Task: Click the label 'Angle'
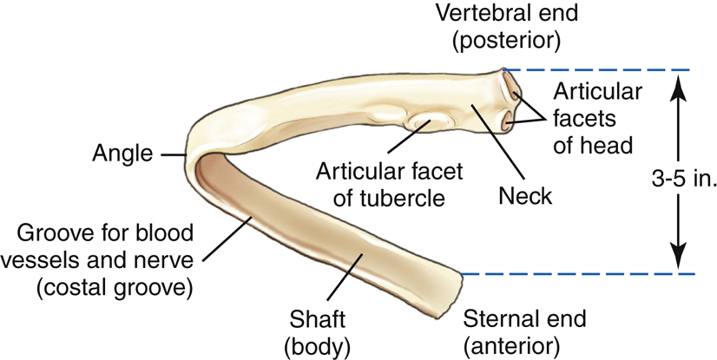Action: [x=121, y=154]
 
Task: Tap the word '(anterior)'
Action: [x=511, y=345]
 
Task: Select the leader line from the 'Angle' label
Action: [x=173, y=155]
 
